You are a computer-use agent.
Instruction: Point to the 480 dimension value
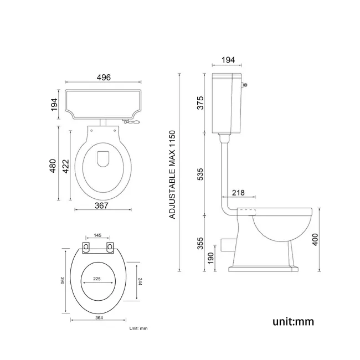pos(53,166)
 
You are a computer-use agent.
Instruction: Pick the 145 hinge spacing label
pos(97,236)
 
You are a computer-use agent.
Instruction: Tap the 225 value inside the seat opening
pos(97,279)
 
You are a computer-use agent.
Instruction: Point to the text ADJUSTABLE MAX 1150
pos(172,174)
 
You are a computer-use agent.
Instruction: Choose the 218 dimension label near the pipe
pos(238,192)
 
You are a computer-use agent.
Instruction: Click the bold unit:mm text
pos(293,321)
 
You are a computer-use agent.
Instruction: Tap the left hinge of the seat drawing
pos(87,246)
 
